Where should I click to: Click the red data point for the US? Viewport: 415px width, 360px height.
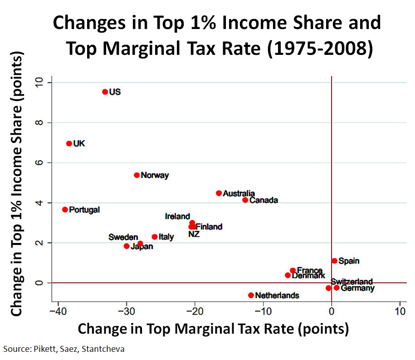[x=105, y=92]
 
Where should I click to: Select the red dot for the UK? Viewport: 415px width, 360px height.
[x=69, y=143]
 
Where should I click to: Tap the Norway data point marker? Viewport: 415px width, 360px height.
[x=137, y=175]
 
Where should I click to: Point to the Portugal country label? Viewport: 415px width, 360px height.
[x=84, y=209]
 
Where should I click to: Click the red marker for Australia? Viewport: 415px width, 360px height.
[x=219, y=193]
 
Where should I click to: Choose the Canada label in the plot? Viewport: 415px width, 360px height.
[x=264, y=200]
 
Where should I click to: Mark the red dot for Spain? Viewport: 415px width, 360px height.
[x=335, y=261]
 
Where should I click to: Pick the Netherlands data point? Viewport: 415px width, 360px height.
[x=251, y=295]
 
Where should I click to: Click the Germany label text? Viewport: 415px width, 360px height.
[x=357, y=288]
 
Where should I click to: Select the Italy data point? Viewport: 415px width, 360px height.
[x=155, y=237]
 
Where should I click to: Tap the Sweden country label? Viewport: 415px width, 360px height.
[x=123, y=237]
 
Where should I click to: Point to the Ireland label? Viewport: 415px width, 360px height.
[x=177, y=216]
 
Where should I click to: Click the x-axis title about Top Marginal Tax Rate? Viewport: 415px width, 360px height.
[x=213, y=329]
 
